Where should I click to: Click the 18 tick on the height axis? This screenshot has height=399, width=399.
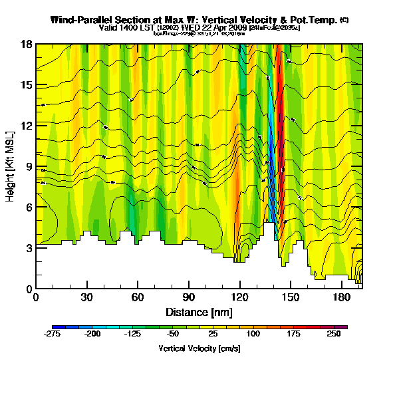27,44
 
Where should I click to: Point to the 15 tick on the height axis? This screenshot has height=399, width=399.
27,85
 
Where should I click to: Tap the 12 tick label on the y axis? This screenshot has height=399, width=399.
27,126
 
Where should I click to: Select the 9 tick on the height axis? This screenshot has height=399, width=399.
29,166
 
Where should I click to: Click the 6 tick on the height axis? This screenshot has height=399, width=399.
29,207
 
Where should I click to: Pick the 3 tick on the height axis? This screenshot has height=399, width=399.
29,248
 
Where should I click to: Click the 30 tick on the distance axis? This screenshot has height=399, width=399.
86,297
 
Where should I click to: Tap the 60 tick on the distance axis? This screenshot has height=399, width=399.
138,297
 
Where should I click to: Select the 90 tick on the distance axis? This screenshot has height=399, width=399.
189,297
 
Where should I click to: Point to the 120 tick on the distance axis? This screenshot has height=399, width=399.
240,297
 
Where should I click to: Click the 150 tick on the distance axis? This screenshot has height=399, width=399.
291,297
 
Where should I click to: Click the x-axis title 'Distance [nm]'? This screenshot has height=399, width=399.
199,312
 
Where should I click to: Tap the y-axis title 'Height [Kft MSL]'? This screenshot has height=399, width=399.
11,166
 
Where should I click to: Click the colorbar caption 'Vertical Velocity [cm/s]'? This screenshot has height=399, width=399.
199,348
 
